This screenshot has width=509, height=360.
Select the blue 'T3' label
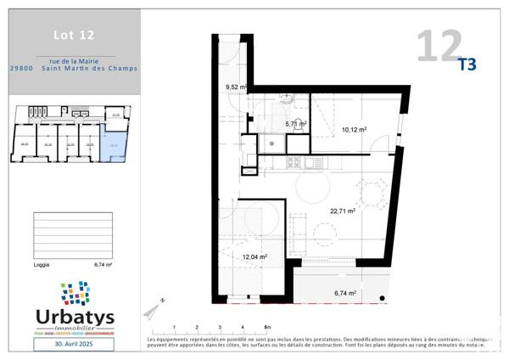pyautogui.click(x=467, y=64)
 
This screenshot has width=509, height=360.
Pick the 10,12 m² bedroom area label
pyautogui.click(x=354, y=130)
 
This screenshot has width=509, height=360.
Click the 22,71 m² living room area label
pyautogui.click(x=343, y=211)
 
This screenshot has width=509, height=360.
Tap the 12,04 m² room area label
pyautogui.click(x=255, y=256)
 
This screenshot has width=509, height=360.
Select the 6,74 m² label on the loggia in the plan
pyautogui.click(x=344, y=293)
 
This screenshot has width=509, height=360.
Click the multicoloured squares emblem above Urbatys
pyautogui.click(x=75, y=293)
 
